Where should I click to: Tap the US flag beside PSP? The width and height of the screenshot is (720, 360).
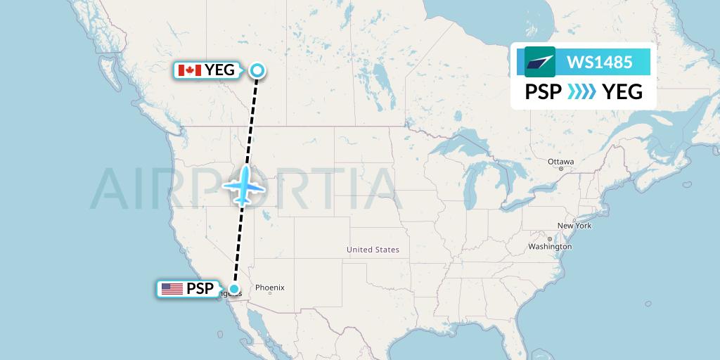[x=172, y=288]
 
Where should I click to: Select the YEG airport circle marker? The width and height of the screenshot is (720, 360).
[x=257, y=70]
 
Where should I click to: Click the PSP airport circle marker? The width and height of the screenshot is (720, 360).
[x=233, y=288]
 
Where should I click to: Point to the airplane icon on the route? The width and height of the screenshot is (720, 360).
[x=243, y=186]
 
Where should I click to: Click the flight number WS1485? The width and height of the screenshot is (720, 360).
[x=599, y=62]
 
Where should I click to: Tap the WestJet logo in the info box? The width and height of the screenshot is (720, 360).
[x=539, y=62]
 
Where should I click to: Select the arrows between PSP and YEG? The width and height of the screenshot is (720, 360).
[x=581, y=92]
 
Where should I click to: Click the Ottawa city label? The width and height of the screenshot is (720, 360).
[x=561, y=162]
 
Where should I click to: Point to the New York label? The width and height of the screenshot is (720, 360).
[x=574, y=226]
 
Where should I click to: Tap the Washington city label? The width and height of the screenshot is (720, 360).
[x=550, y=247]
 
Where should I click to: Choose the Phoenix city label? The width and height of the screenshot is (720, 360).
[x=269, y=287]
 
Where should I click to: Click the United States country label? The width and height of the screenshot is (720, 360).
[x=373, y=250]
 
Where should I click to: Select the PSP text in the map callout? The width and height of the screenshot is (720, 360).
[x=199, y=288]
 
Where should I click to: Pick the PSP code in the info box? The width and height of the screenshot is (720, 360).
[x=543, y=92]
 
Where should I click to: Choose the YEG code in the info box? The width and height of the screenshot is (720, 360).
[x=622, y=92]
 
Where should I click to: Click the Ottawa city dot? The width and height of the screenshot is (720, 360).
[x=560, y=169]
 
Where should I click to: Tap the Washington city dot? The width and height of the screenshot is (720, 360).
[x=532, y=247]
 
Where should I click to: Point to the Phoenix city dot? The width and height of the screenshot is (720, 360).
[x=270, y=293]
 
